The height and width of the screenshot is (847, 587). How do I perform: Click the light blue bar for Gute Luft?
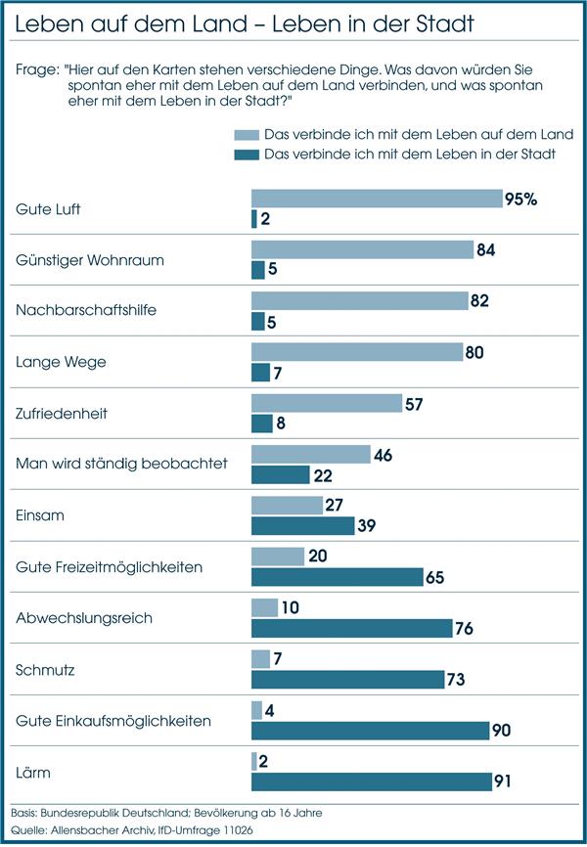[x=377, y=199]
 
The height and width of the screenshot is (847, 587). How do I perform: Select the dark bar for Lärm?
[x=372, y=781]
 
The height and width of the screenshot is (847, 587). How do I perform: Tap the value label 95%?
[x=521, y=199]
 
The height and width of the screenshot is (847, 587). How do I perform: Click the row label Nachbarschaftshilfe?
[x=87, y=311]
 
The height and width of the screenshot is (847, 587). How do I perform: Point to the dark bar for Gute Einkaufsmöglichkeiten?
[x=370, y=730]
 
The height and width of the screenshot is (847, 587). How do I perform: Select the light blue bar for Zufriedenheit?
[x=327, y=403]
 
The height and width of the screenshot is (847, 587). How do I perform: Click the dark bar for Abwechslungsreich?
[x=351, y=628]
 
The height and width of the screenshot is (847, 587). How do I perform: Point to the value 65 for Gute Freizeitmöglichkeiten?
[x=435, y=577]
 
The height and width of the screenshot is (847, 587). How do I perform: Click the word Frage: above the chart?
[x=36, y=70]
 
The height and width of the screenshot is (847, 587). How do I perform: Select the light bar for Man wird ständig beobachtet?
[x=311, y=454]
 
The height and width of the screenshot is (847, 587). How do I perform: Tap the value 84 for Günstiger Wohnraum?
[x=485, y=249]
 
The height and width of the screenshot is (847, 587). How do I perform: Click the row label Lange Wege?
[x=61, y=362]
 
